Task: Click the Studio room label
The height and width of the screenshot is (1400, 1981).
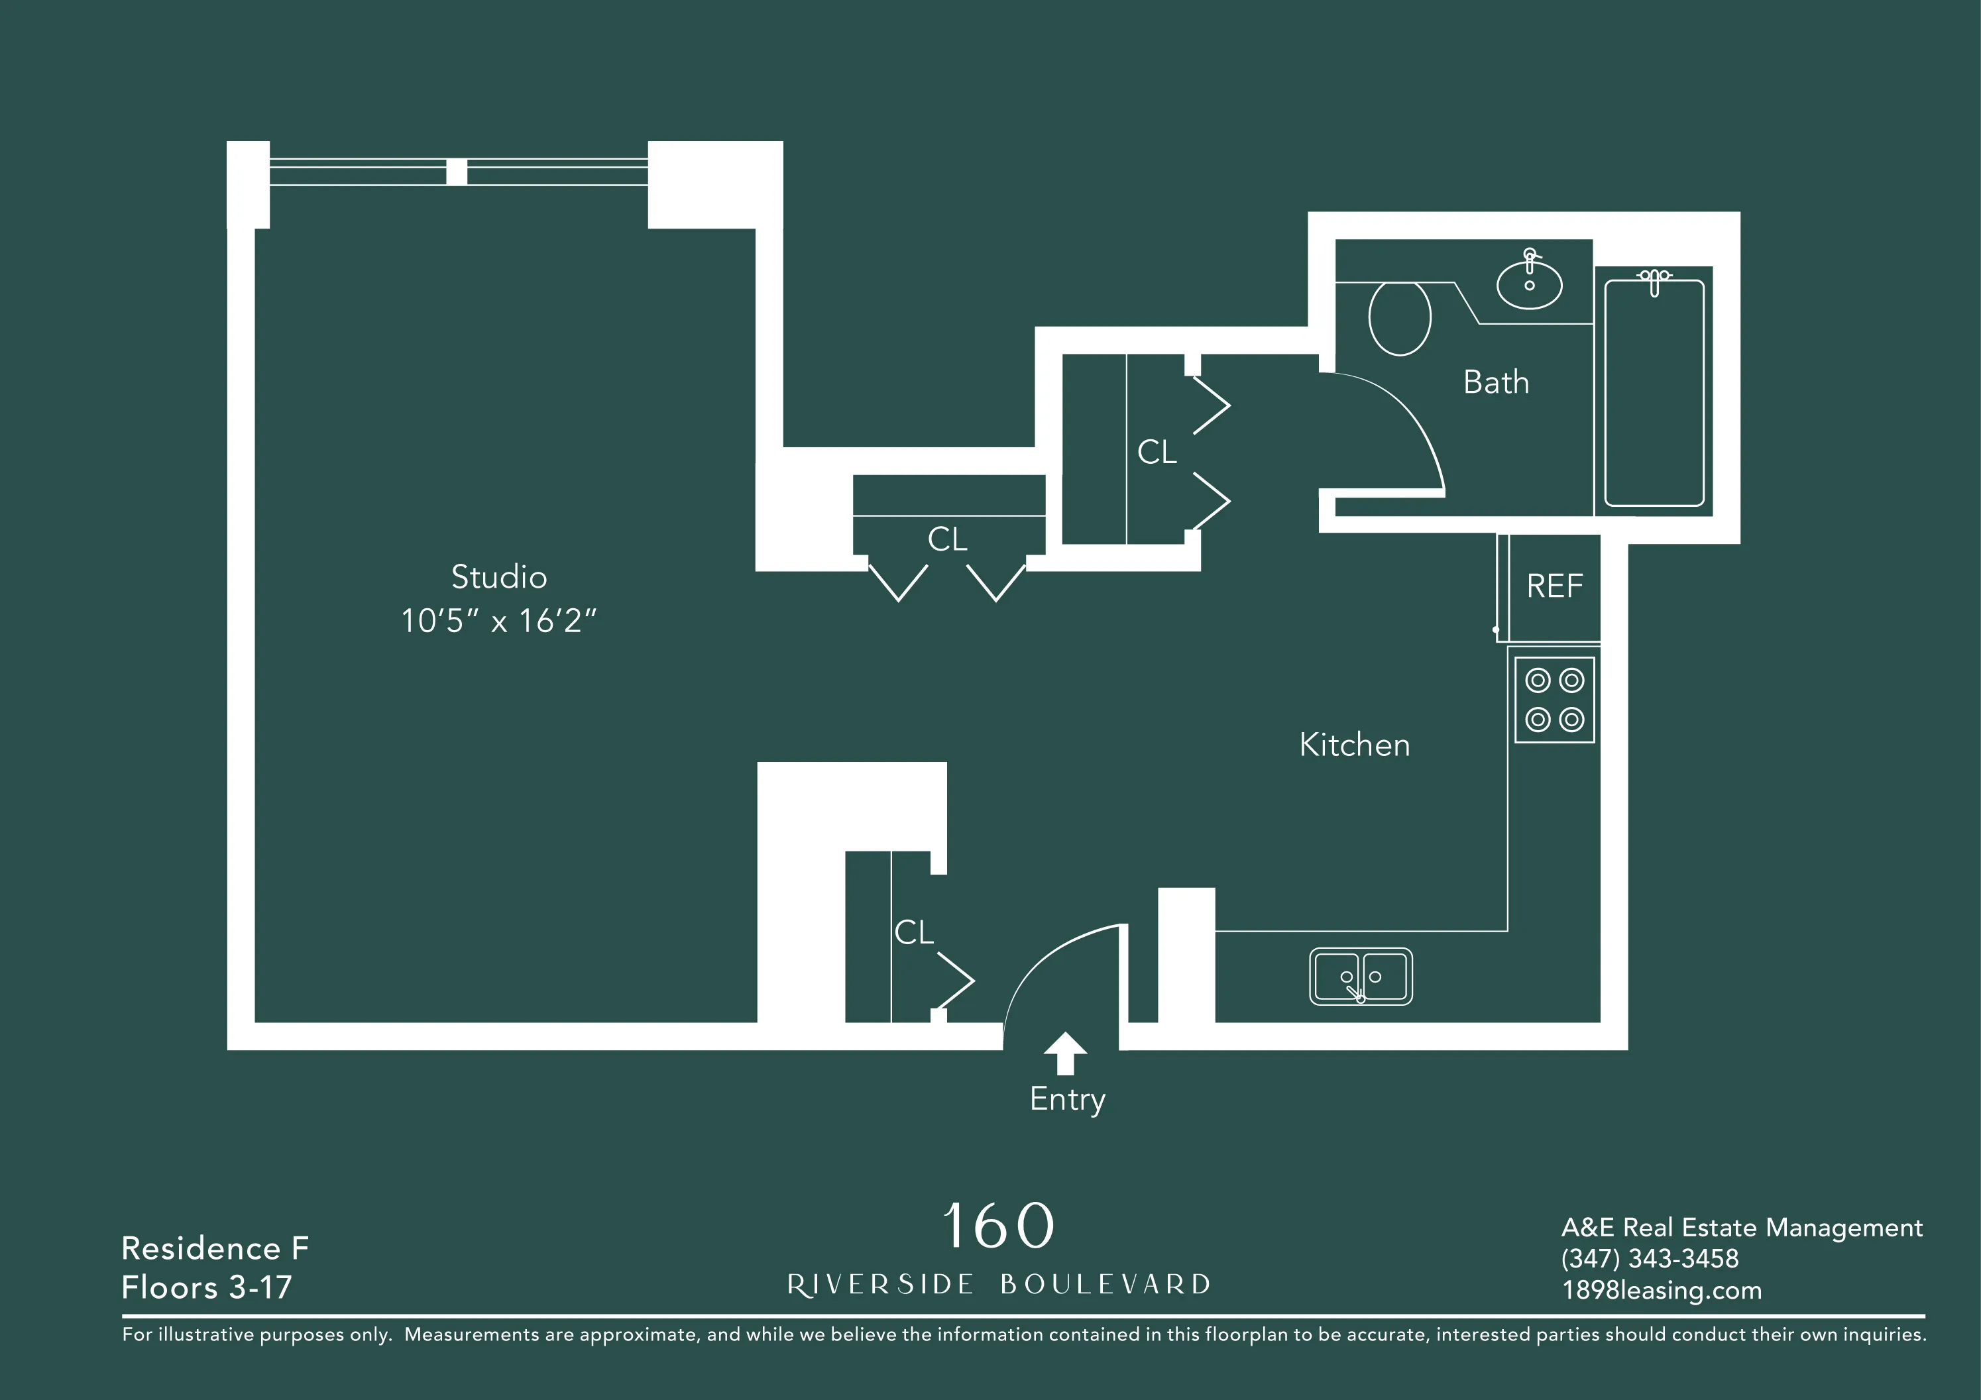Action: (x=498, y=577)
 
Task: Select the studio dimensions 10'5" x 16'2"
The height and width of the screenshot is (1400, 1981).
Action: (x=498, y=621)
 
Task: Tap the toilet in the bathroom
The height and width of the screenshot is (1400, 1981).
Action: (x=1400, y=317)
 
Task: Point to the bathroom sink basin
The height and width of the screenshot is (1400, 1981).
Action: (x=1529, y=285)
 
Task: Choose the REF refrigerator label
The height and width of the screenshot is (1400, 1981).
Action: (x=1554, y=586)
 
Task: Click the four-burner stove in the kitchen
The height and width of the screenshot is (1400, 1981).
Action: (x=1554, y=700)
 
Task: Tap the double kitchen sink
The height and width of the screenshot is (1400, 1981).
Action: (x=1361, y=977)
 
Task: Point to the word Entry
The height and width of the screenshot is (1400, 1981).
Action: (x=1067, y=1099)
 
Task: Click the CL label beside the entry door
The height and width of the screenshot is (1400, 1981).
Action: (x=914, y=932)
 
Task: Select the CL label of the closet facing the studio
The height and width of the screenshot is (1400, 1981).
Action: (x=947, y=540)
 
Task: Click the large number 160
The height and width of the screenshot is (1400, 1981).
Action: (x=998, y=1226)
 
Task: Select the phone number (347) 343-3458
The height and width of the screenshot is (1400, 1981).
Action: (x=1650, y=1258)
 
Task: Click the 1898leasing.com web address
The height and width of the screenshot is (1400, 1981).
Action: (x=1662, y=1291)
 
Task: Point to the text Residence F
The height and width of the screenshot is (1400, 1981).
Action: (x=215, y=1248)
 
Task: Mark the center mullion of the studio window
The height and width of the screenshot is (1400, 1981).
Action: (x=457, y=172)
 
